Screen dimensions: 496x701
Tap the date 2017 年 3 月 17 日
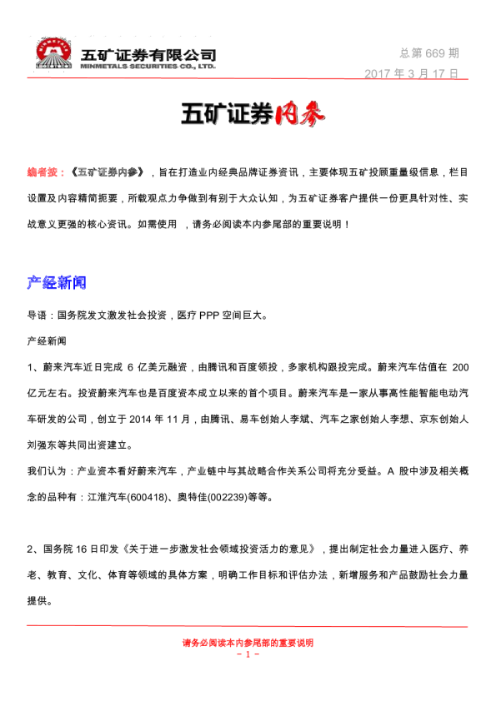coord(411,73)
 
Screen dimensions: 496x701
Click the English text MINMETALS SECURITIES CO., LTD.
coord(148,65)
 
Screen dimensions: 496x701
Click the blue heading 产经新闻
coord(57,283)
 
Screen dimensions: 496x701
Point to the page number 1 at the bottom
coord(248,654)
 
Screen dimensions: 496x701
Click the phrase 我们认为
coord(48,471)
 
